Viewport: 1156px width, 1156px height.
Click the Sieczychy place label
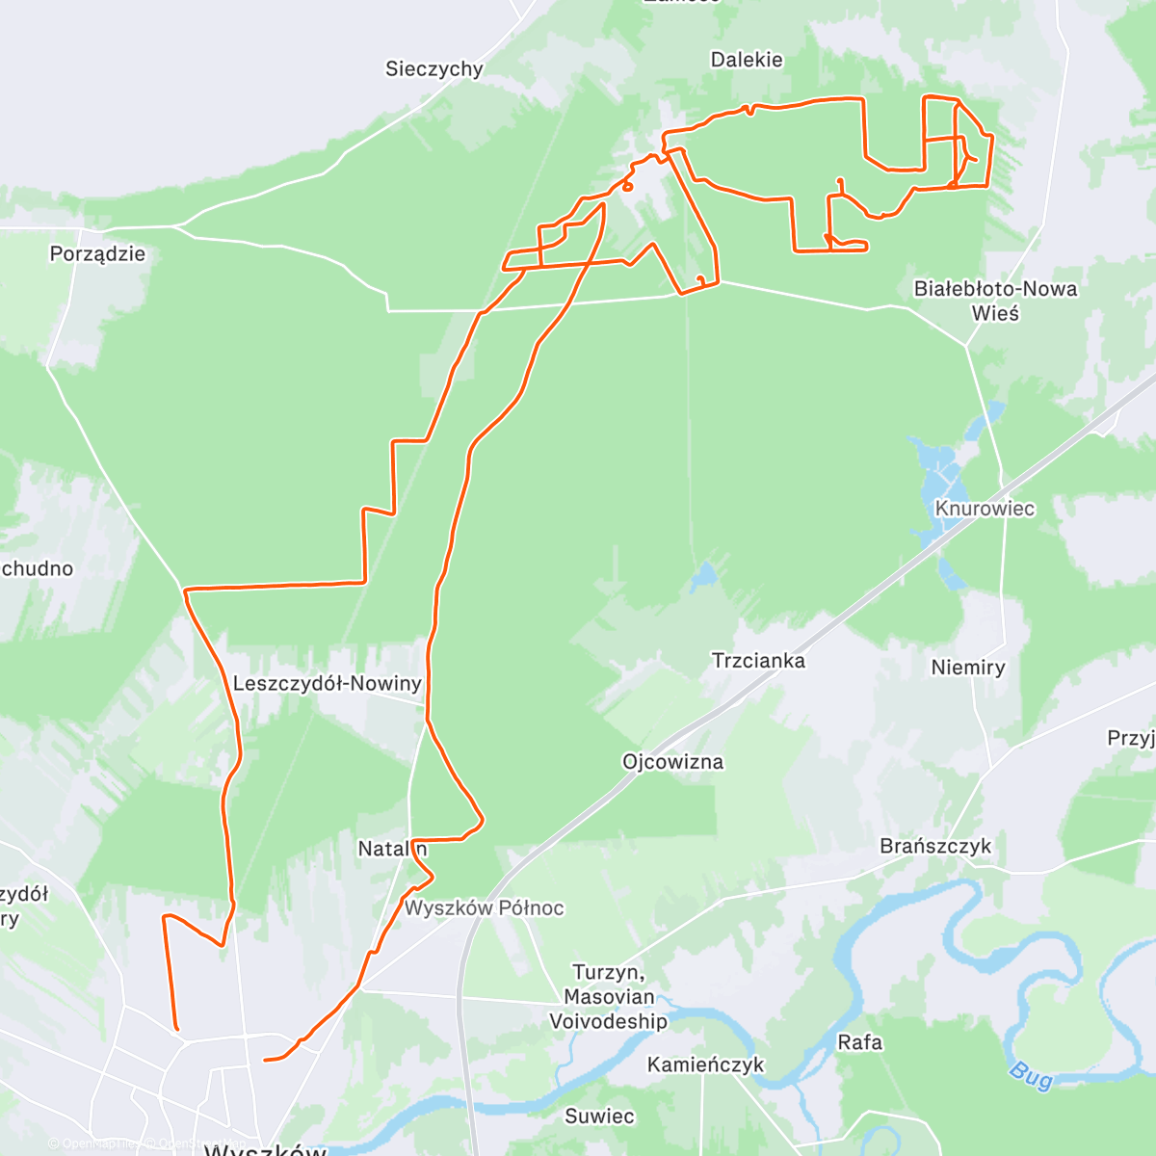tap(433, 68)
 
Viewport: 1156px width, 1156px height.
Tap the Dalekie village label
tap(747, 60)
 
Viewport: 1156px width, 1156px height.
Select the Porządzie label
tap(97, 254)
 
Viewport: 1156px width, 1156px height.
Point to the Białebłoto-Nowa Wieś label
tap(995, 301)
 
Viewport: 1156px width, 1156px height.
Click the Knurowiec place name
tap(985, 509)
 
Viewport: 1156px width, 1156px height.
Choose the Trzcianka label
tap(758, 661)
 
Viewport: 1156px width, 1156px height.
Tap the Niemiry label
tap(968, 668)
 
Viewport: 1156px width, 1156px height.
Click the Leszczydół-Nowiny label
tap(328, 684)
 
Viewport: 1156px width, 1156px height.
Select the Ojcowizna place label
tap(672, 762)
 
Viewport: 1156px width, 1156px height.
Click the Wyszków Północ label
tap(484, 907)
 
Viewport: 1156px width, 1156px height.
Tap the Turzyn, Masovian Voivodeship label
tap(608, 997)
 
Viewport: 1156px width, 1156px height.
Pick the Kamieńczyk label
tap(705, 1064)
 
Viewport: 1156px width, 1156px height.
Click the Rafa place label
tap(859, 1042)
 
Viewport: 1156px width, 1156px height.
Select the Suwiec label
tap(599, 1117)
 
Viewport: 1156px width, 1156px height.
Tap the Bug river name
tap(1031, 1075)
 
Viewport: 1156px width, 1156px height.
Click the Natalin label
tap(392, 849)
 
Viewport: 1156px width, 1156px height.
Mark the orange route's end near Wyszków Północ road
tap(266, 1060)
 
